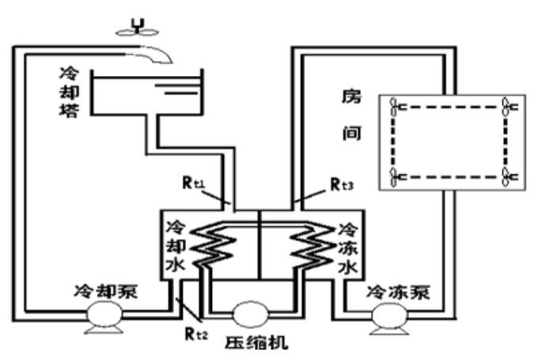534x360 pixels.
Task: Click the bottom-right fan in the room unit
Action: (509, 173)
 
